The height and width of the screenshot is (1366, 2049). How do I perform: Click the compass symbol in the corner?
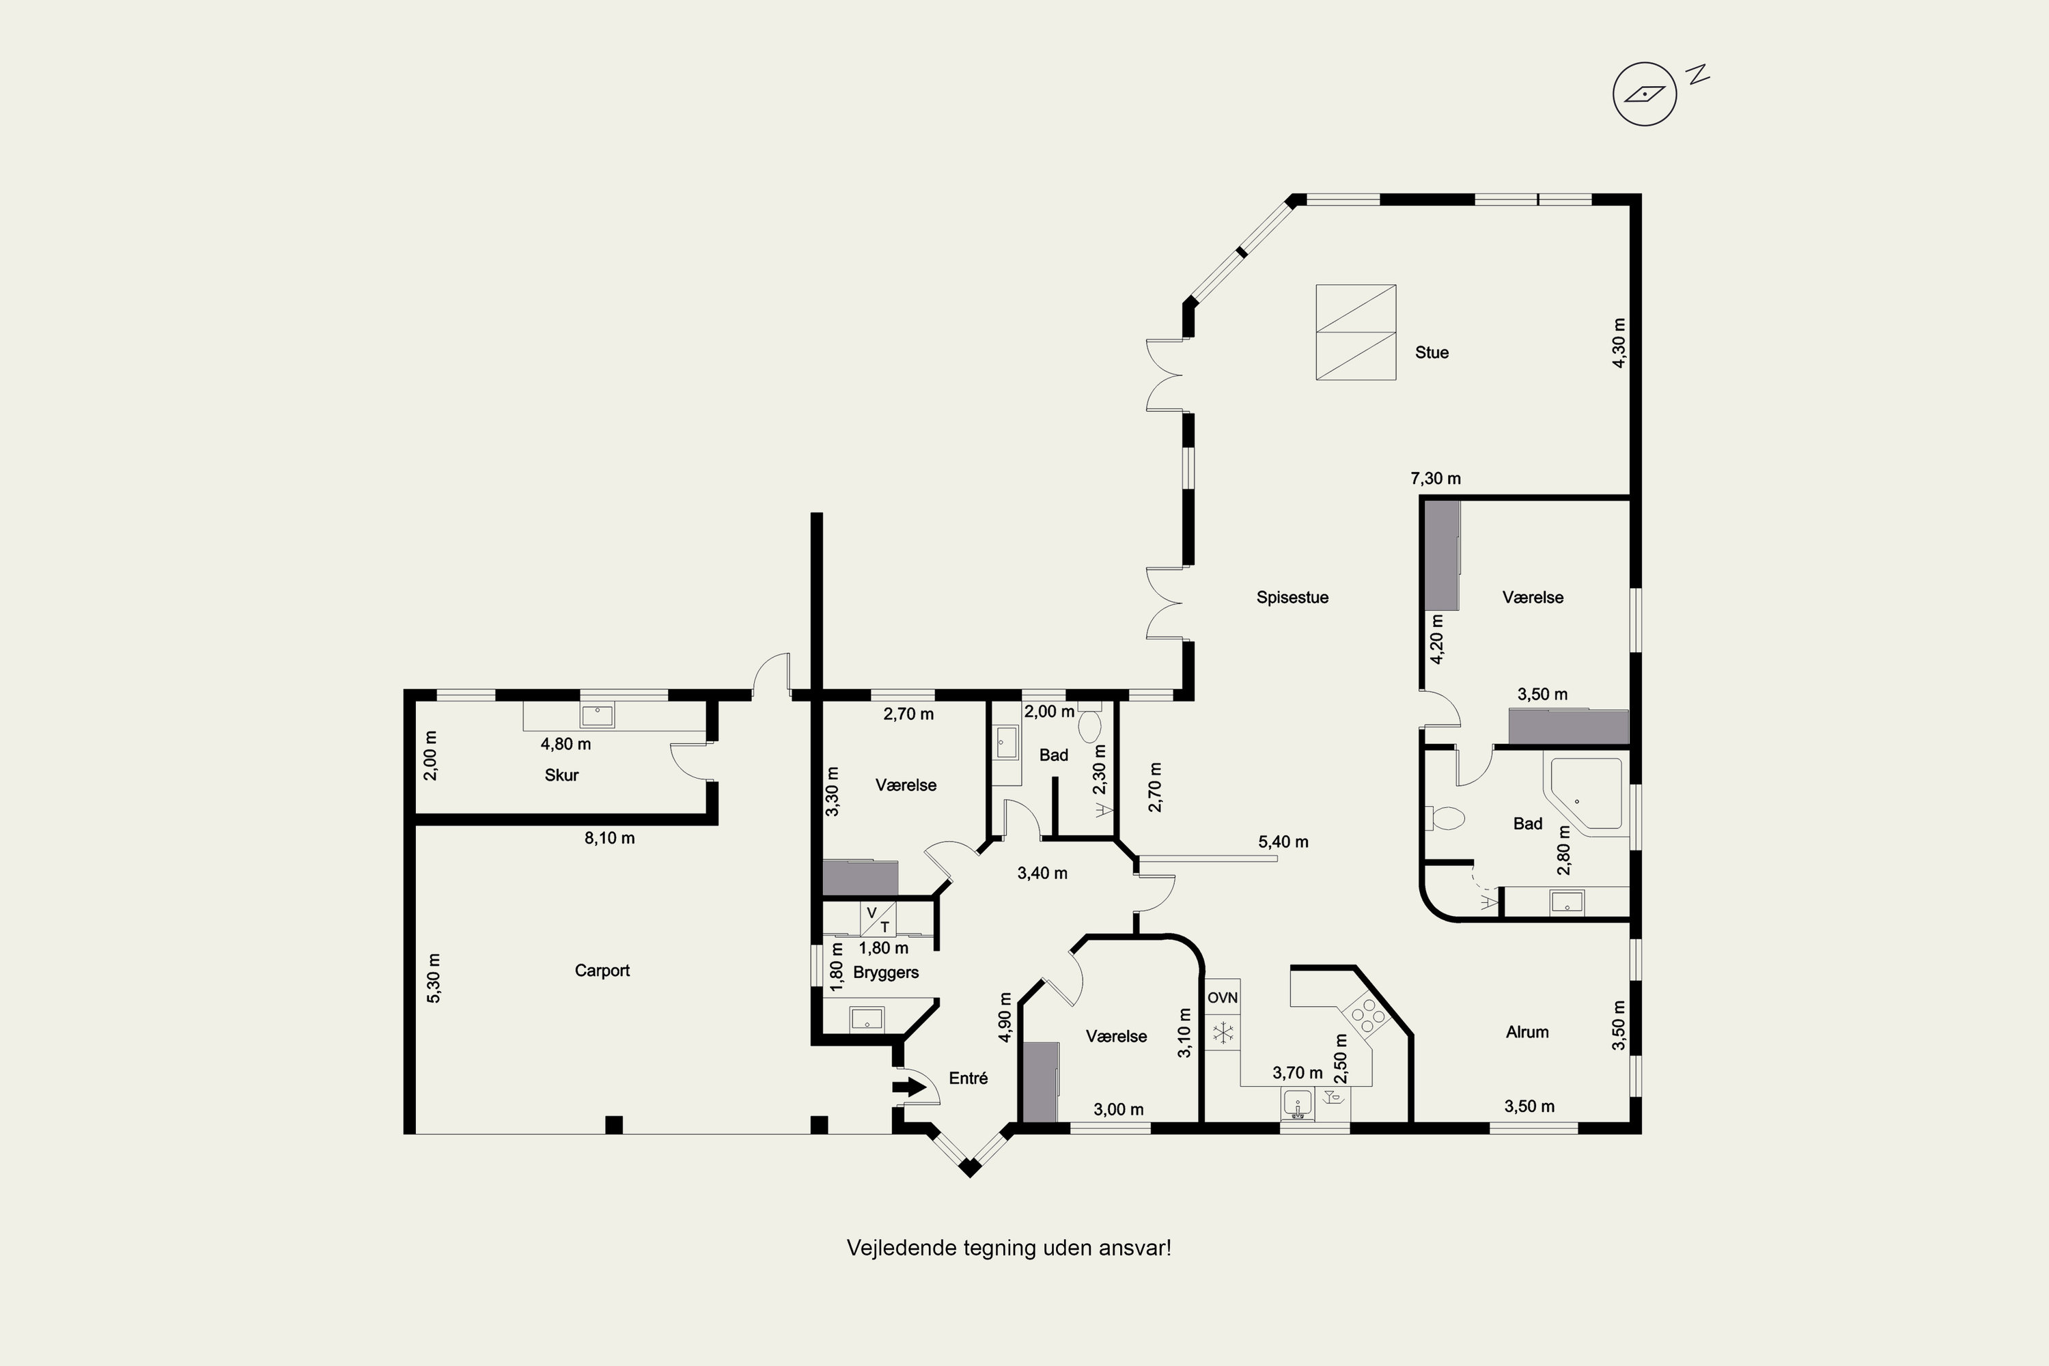[x=1645, y=94]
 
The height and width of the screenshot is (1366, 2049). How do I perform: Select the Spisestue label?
[x=1292, y=598]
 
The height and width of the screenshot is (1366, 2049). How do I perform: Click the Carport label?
[x=602, y=971]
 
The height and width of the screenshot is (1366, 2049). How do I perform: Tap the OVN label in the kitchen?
[x=1223, y=997]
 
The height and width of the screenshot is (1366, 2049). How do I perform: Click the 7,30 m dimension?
[x=1436, y=478]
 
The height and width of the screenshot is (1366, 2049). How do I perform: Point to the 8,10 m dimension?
[x=609, y=838]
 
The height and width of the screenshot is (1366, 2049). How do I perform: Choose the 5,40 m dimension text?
[x=1283, y=841]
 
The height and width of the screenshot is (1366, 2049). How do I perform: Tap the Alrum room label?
[x=1527, y=1032]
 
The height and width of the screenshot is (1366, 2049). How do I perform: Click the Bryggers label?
[x=886, y=972]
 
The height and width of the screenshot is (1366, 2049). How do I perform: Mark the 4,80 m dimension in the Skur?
[x=566, y=744]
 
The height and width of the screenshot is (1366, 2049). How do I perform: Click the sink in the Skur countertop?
[x=597, y=716]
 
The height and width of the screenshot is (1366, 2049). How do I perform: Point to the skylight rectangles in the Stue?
[x=1356, y=332]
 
